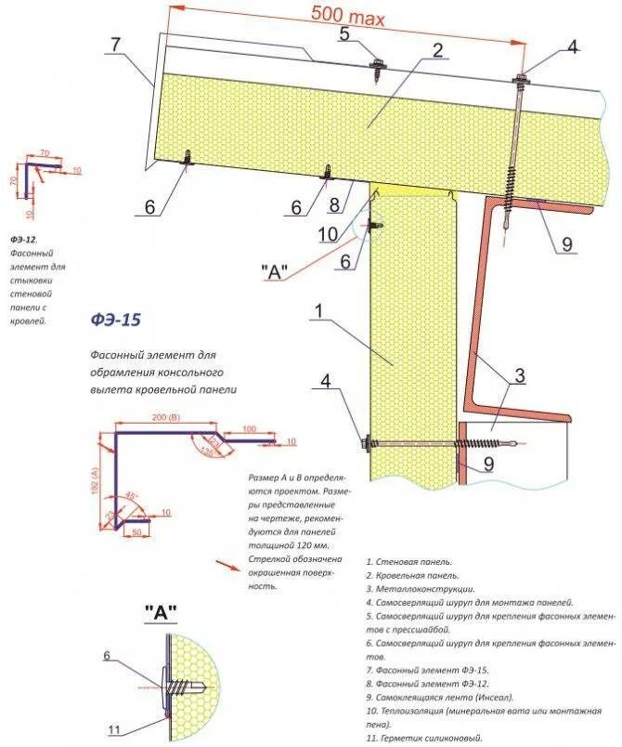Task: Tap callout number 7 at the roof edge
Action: pyautogui.click(x=116, y=44)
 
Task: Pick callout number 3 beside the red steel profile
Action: pyautogui.click(x=520, y=375)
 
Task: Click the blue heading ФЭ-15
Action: pyautogui.click(x=114, y=320)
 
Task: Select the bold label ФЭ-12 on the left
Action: pyautogui.click(x=23, y=239)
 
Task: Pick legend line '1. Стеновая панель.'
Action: pyautogui.click(x=409, y=562)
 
